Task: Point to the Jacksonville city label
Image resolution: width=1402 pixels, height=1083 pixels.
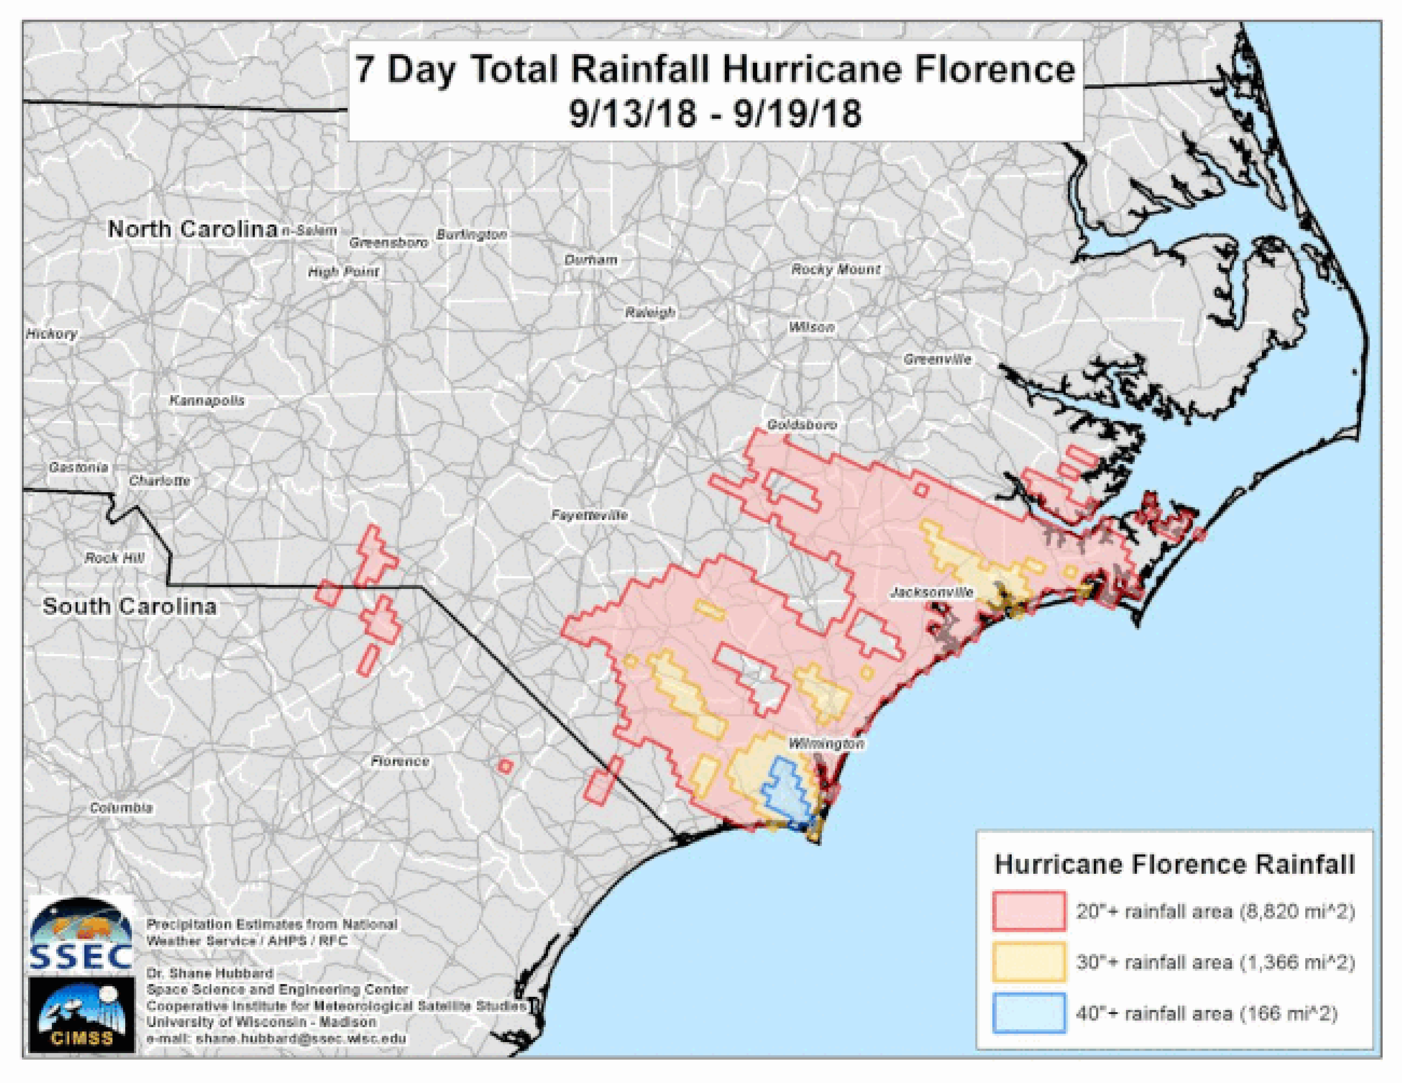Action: coord(931,592)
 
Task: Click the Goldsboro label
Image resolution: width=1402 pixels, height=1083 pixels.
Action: coord(802,424)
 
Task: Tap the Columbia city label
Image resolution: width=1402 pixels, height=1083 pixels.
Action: coord(121,808)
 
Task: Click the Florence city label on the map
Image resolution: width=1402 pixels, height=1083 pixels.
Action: coord(400,761)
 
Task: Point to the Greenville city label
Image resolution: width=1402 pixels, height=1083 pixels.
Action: coord(937,360)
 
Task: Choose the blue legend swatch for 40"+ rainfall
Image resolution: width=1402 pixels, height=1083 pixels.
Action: coord(1028,1013)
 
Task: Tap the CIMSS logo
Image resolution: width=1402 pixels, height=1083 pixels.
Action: coord(81,1014)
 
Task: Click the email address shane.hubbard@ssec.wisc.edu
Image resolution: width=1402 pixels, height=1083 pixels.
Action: coord(276,1038)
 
